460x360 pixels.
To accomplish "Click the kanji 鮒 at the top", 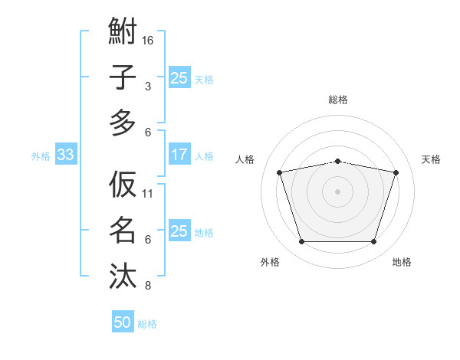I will pyautogui.click(x=123, y=32).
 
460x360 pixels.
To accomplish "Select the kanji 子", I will pyautogui.click(x=123, y=77).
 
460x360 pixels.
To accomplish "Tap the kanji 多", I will pyautogui.click(x=123, y=123).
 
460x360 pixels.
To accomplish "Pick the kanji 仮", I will pyautogui.click(x=123, y=185).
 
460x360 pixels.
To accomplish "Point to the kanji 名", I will pyautogui.click(x=123, y=230).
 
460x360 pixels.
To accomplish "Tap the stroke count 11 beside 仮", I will pyautogui.click(x=148, y=193).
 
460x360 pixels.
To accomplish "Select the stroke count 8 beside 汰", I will pyautogui.click(x=148, y=286).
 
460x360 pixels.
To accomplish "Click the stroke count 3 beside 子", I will pyautogui.click(x=148, y=87).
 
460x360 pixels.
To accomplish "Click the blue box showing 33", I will pyautogui.click(x=65, y=155).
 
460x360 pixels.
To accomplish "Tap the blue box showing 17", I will pyautogui.click(x=179, y=155).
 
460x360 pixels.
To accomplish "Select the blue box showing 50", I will pyautogui.click(x=123, y=322).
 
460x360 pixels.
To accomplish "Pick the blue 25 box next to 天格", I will pyautogui.click(x=179, y=78).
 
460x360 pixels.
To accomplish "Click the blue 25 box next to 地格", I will pyautogui.click(x=179, y=232).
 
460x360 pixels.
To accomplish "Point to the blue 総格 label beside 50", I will pyautogui.click(x=147, y=324).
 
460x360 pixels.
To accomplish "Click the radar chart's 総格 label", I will pyautogui.click(x=337, y=100).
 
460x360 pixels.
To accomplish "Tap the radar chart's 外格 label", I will pyautogui.click(x=270, y=262).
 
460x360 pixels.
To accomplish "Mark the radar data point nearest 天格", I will pyautogui.click(x=396, y=172).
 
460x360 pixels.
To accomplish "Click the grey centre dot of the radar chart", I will pyautogui.click(x=337, y=191).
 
